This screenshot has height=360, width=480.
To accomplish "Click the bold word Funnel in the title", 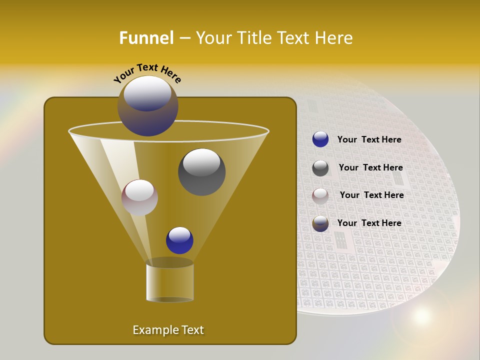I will pos(146,38).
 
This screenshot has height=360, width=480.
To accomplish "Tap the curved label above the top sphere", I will pos(147,72).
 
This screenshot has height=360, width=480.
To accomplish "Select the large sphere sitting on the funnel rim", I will pos(147,106).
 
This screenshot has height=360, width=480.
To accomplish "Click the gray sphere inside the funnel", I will pos(201,172).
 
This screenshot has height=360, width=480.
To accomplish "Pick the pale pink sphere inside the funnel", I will pos(139,197).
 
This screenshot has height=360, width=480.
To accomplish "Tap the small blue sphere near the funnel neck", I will pos(179,240).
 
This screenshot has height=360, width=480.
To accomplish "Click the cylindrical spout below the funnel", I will pos(169,282).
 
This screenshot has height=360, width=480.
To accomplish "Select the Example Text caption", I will pos(168,330).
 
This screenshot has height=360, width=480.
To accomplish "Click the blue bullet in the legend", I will pos(320,139).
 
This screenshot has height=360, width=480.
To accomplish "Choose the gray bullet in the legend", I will pos(320,168).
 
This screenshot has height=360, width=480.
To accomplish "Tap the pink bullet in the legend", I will pos(320,195).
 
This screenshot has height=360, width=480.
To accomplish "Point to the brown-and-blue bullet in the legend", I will pos(320,223).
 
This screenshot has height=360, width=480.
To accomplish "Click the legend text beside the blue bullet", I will pos(369,140).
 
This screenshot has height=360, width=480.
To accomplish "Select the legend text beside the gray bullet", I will pos(370,168).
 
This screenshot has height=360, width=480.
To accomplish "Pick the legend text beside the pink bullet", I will pos(371,195).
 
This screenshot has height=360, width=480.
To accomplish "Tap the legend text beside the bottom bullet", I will pos(369,223).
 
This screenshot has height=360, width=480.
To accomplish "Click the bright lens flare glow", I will pos(421,315).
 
